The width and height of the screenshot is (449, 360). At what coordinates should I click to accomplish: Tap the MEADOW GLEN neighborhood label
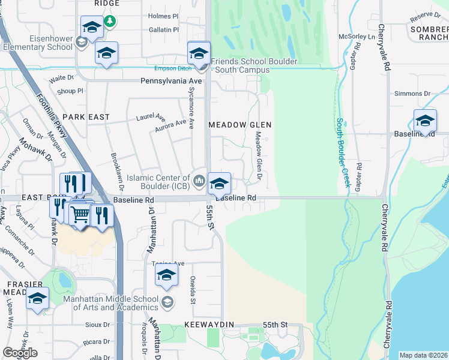point(240,125)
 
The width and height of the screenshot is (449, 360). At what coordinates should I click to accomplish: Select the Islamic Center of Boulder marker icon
point(199,178)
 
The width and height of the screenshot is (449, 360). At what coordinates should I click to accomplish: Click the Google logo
point(20,353)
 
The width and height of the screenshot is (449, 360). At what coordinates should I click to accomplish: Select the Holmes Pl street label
point(159,16)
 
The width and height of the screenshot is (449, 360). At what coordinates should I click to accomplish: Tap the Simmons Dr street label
point(412,94)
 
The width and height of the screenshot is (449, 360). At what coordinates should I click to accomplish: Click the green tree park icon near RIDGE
point(109,22)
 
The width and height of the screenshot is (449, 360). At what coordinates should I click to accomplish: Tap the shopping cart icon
point(80,214)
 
